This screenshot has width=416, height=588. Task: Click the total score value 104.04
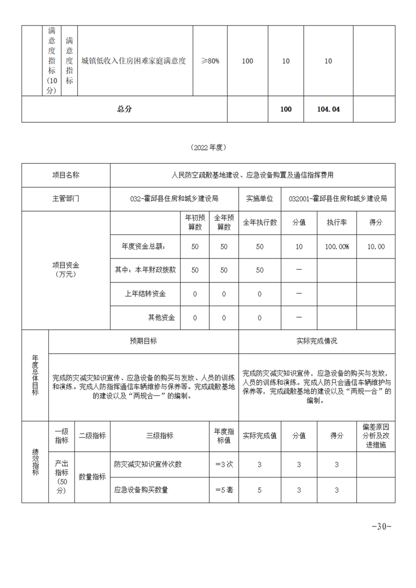click(x=329, y=110)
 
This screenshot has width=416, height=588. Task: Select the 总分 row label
click(x=124, y=109)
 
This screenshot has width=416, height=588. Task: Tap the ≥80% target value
click(x=210, y=61)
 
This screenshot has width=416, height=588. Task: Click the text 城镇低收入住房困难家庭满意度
click(x=134, y=61)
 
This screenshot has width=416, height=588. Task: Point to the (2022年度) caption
click(x=208, y=147)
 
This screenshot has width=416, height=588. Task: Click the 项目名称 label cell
click(x=66, y=175)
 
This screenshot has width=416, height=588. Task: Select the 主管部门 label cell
click(x=66, y=199)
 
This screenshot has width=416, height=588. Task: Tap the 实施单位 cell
click(x=259, y=199)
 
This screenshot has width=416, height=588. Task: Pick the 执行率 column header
click(x=337, y=222)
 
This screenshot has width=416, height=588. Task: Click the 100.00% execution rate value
click(x=337, y=246)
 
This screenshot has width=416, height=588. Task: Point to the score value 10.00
click(x=376, y=246)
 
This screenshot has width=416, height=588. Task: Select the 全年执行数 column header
click(x=259, y=222)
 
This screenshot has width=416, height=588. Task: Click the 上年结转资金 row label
click(x=145, y=294)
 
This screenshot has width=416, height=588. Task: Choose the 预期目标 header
click(x=143, y=341)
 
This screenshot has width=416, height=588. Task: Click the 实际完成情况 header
click(x=317, y=341)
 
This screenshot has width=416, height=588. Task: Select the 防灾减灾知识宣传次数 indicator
click(x=148, y=464)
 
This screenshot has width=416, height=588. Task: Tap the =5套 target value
click(x=224, y=490)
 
